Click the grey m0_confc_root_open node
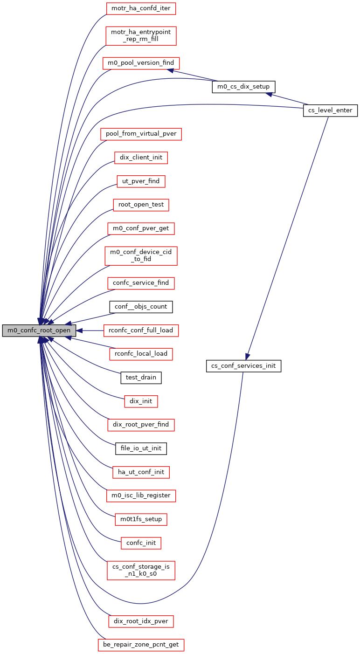[x=39, y=330]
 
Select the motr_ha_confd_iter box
[x=141, y=8]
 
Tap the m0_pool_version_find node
[x=141, y=63]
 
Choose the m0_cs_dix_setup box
[x=243, y=87]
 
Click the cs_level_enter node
[x=330, y=110]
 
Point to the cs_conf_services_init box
[x=243, y=366]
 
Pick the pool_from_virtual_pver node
[x=141, y=134]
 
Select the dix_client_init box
[x=141, y=158]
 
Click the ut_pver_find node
[x=141, y=181]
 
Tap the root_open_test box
[x=141, y=205]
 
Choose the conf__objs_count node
[x=141, y=307]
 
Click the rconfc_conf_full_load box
[x=141, y=330]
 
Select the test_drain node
[x=141, y=378]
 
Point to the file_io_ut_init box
[x=141, y=448]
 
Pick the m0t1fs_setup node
[x=141, y=519]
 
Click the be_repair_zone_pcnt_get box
[x=141, y=645]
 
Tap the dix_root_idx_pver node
[x=141, y=621]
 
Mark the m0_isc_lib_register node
[x=141, y=496]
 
